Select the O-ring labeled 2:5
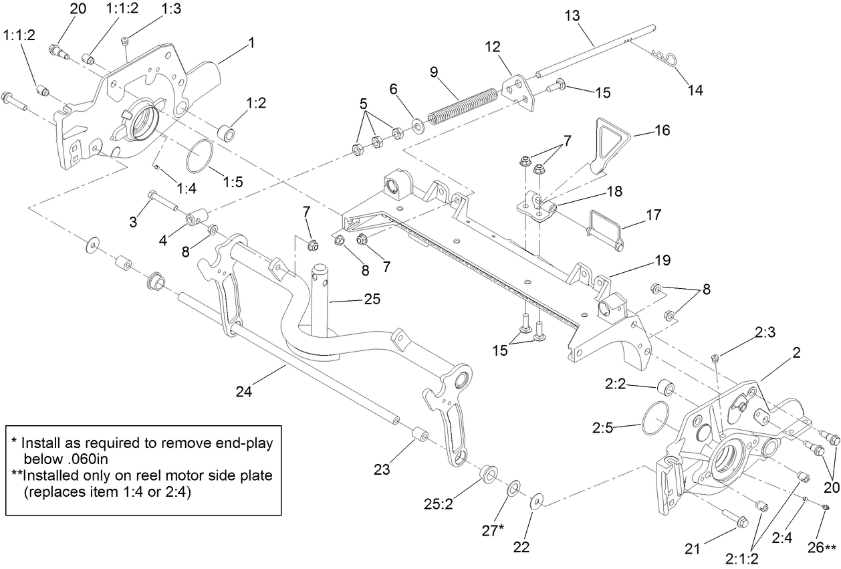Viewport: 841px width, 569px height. point(655,419)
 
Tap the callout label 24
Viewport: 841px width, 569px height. point(243,392)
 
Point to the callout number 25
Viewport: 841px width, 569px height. point(372,299)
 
